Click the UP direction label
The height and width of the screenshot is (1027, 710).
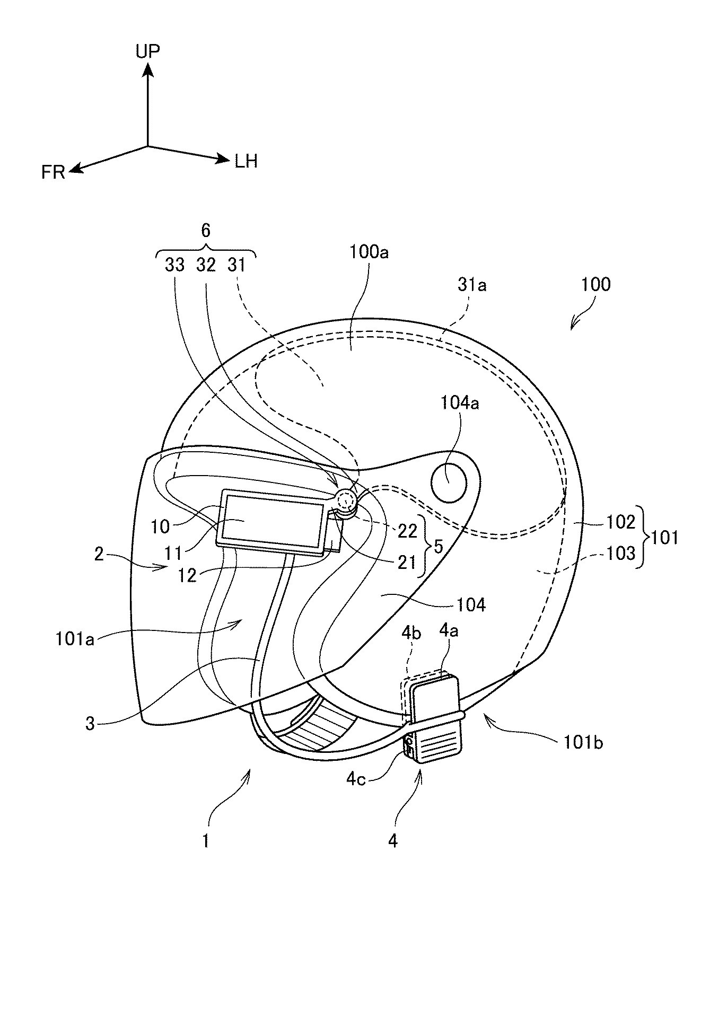coord(147,51)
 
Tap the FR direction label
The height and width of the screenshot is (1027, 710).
coord(53,173)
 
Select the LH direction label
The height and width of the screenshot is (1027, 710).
coord(246,161)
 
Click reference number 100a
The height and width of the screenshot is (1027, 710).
coord(369,252)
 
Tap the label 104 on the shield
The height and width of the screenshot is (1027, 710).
coord(471,604)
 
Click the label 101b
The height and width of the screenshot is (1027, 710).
coord(583,743)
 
